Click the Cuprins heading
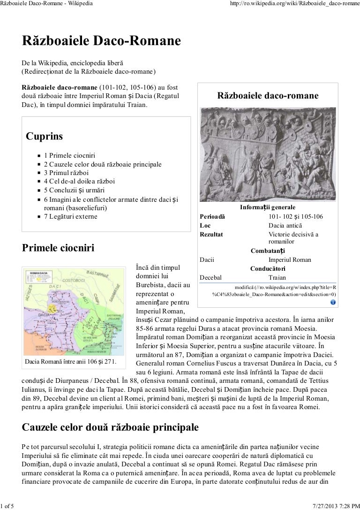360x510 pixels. pyautogui.click(x=44, y=137)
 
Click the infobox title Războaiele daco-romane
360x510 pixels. pyautogui.click(x=268, y=96)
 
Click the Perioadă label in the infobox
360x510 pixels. pyautogui.click(x=212, y=217)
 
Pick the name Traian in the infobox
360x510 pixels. pyautogui.click(x=277, y=277)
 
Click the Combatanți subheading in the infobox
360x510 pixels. pyautogui.click(x=268, y=251)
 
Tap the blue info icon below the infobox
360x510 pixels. pyautogui.click(x=333, y=302)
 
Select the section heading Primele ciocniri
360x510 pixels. pyautogui.click(x=58, y=249)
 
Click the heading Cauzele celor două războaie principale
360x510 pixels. pyautogui.click(x=110, y=427)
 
